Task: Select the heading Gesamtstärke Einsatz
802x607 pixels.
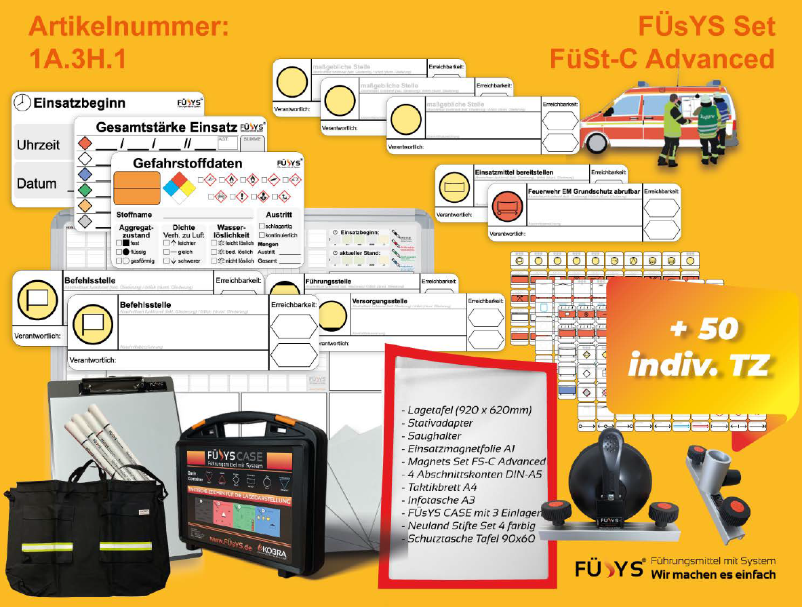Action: point(166,127)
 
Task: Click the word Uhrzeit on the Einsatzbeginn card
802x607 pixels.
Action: point(38,145)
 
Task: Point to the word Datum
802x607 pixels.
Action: point(37,184)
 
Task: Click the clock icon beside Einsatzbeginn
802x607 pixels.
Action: point(22,102)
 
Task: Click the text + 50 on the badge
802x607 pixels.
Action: point(703,329)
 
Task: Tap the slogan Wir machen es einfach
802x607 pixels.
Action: point(713,574)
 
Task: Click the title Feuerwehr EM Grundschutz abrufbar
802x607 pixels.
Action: point(584,191)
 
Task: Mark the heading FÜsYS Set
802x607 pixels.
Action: point(706,27)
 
